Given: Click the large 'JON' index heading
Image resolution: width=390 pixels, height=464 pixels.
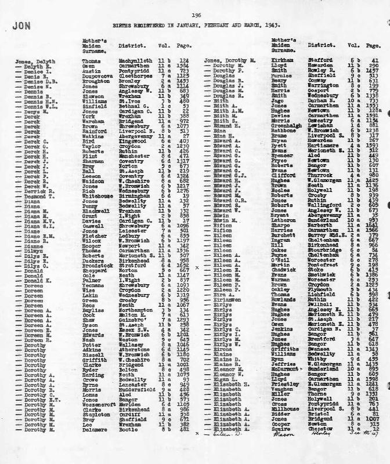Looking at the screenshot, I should pyautogui.click(x=22, y=26).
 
